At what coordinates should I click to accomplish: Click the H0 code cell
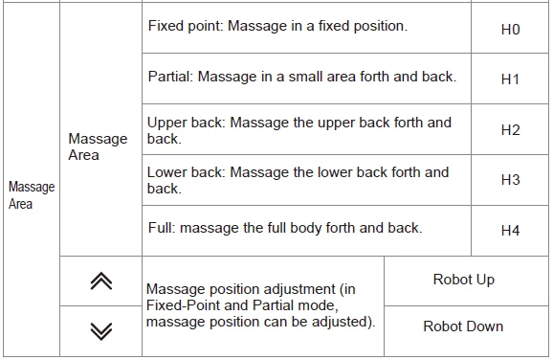pos(510,30)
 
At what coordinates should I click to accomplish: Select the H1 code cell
pos(510,79)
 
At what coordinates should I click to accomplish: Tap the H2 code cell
pos(510,130)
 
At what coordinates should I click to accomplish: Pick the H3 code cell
pos(510,180)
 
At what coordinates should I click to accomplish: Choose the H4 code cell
pos(510,231)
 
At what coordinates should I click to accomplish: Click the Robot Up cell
pos(463,280)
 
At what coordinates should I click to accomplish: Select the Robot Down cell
pos(463,326)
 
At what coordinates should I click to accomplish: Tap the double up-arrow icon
pos(100,281)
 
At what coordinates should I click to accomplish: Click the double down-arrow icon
pos(100,330)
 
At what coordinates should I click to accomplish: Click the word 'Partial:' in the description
pos(170,76)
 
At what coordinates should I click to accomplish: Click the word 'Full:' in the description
pos(162,228)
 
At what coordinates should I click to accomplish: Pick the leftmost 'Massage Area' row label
pos(32,195)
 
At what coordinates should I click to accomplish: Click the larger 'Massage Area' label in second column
pos(98,146)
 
